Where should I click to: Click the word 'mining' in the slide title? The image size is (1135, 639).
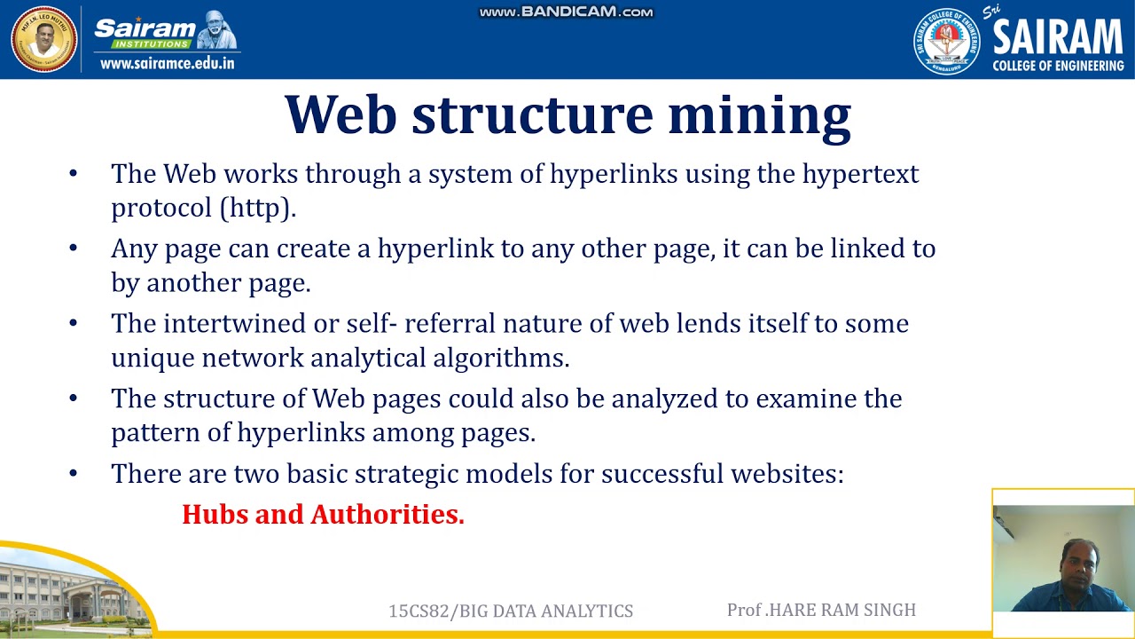(759, 115)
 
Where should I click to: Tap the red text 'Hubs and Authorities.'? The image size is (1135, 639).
(323, 515)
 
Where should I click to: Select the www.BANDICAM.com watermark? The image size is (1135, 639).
(566, 12)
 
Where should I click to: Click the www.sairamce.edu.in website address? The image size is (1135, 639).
(167, 63)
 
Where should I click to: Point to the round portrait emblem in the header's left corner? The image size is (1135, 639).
(43, 39)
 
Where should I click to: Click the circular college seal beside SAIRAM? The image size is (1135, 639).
(946, 41)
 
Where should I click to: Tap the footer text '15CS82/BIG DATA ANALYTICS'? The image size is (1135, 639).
(511, 611)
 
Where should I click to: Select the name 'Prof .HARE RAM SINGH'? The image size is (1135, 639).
(821, 610)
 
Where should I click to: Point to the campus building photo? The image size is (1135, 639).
(71, 590)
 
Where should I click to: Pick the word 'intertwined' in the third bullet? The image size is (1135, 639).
(234, 324)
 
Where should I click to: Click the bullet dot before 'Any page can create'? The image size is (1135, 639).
(73, 249)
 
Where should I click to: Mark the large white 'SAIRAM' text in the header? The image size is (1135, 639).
(1057, 38)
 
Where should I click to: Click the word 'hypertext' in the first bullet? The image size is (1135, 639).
(860, 174)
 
